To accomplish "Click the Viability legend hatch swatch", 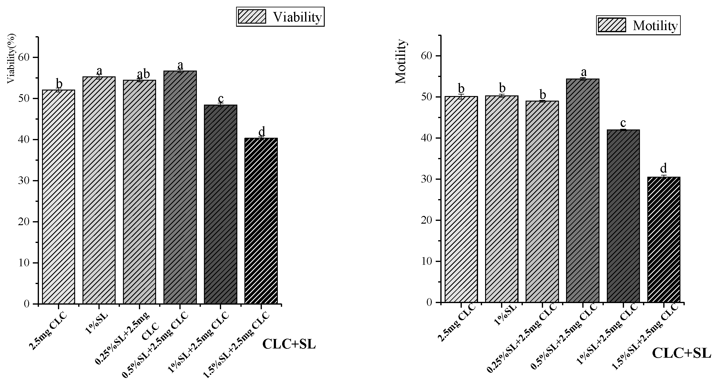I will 252,17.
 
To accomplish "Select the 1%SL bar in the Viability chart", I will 99,190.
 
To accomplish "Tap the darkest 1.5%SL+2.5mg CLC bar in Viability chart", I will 261,221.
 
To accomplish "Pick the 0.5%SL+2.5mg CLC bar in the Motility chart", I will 583,190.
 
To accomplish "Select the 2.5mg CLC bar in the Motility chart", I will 461,199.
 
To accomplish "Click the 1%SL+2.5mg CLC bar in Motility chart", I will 623,215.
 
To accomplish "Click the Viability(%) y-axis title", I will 11,59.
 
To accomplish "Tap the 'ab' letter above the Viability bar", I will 143,74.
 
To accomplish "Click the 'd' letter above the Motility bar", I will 664,168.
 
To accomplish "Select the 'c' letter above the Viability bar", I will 220,99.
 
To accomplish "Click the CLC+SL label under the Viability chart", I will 289,344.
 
